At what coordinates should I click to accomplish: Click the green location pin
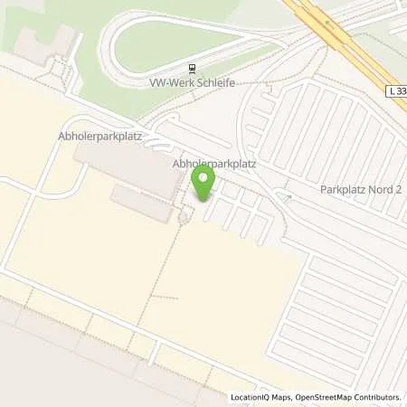coord(203,182)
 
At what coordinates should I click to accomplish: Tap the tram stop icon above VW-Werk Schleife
coord(192,68)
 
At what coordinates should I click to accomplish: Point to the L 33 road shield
coord(395,90)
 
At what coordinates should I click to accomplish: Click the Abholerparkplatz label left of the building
coord(113,137)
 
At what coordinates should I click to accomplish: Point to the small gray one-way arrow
coord(289,195)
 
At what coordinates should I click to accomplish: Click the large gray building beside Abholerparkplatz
coord(127,166)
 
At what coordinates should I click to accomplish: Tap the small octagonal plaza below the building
coord(185,216)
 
